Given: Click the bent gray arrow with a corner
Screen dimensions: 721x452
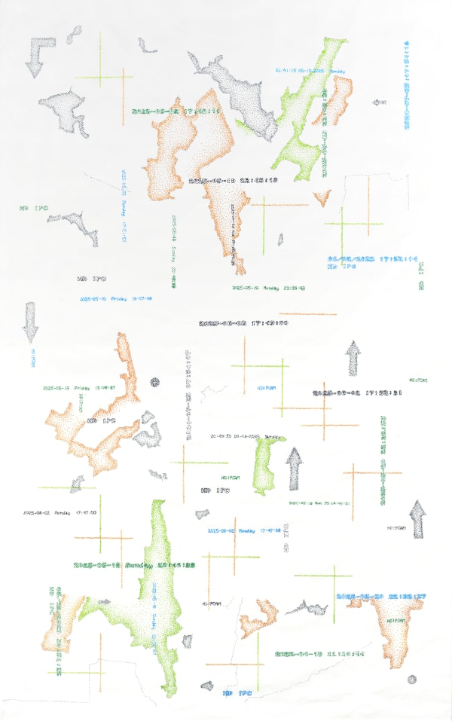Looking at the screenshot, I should click(x=36, y=56).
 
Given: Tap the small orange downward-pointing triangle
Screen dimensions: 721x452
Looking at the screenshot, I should click(x=322, y=198).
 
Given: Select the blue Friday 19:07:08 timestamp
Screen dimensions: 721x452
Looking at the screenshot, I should click(x=117, y=298).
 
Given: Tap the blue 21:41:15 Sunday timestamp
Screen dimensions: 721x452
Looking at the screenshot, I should click(x=310, y=71).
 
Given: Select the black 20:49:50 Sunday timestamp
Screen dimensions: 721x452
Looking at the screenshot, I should click(x=246, y=436).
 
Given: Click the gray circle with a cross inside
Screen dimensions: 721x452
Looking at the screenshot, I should click(x=156, y=383).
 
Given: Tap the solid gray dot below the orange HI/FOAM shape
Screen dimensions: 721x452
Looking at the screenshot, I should click(x=411, y=680).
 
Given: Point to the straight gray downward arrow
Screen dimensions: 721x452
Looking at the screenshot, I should click(x=30, y=322).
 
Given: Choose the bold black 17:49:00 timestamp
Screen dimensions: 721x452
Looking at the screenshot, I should click(x=243, y=323).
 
